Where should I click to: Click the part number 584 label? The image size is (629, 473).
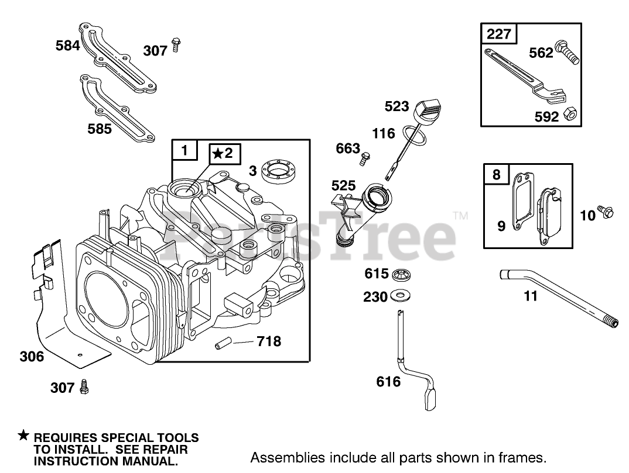(68, 45)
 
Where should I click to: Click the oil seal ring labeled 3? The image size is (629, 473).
(277, 170)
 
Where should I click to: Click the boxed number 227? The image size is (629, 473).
(499, 34)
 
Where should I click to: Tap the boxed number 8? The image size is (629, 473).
(497, 174)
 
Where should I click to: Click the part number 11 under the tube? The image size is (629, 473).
(531, 296)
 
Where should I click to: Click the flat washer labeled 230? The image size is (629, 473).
(401, 295)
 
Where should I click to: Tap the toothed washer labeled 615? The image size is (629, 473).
(401, 274)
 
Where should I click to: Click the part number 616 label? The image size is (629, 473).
(388, 382)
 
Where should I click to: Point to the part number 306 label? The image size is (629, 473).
(32, 356)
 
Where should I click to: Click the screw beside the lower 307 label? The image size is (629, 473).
(85, 386)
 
